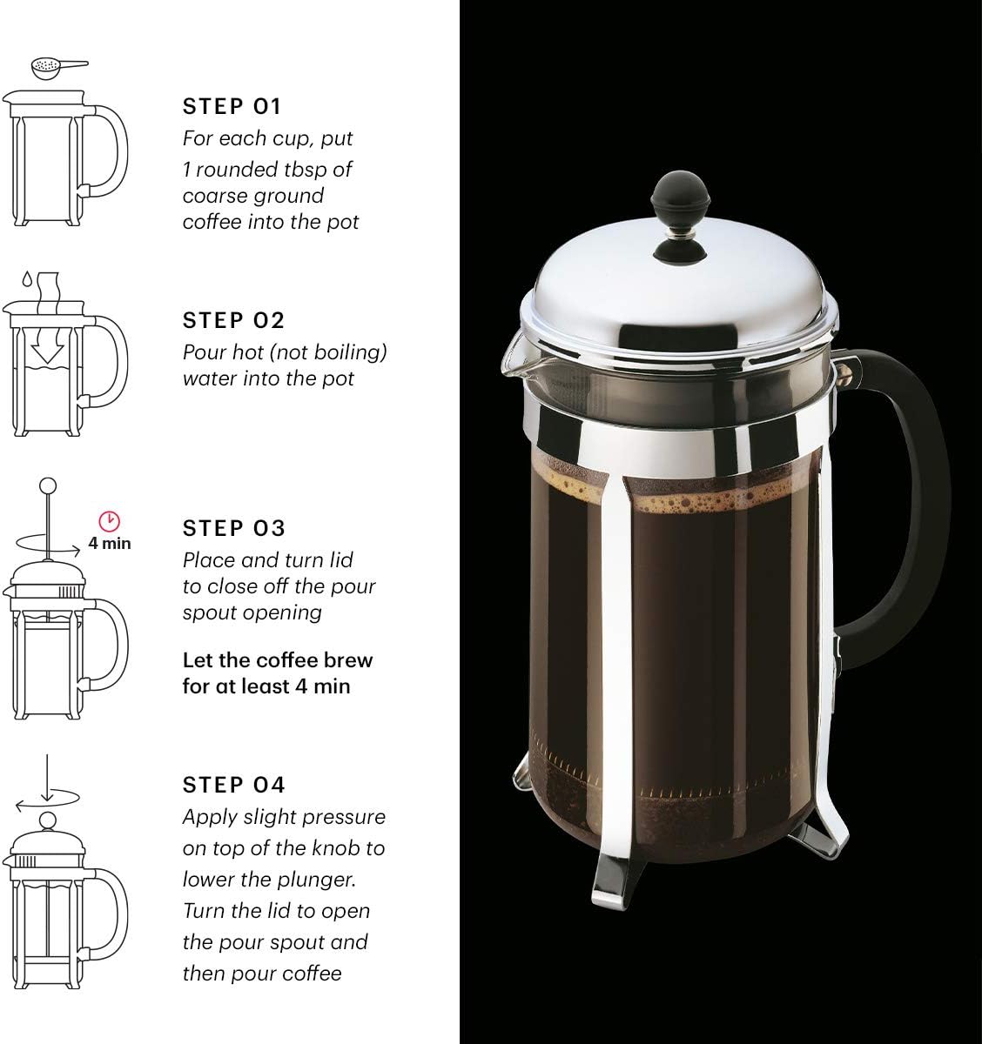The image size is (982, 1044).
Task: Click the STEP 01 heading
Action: tap(232, 107)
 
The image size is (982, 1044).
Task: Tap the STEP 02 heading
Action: tap(233, 320)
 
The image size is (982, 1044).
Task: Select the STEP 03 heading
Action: tap(233, 528)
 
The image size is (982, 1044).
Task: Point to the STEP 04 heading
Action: tap(233, 785)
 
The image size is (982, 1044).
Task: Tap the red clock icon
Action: tap(110, 521)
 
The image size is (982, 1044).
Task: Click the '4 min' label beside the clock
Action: tap(110, 543)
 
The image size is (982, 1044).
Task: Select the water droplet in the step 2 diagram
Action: tap(27, 278)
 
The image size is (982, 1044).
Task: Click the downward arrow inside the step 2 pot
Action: tap(47, 347)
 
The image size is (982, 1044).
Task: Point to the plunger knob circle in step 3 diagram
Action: tap(48, 485)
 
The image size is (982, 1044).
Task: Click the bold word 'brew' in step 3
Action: tap(348, 660)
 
